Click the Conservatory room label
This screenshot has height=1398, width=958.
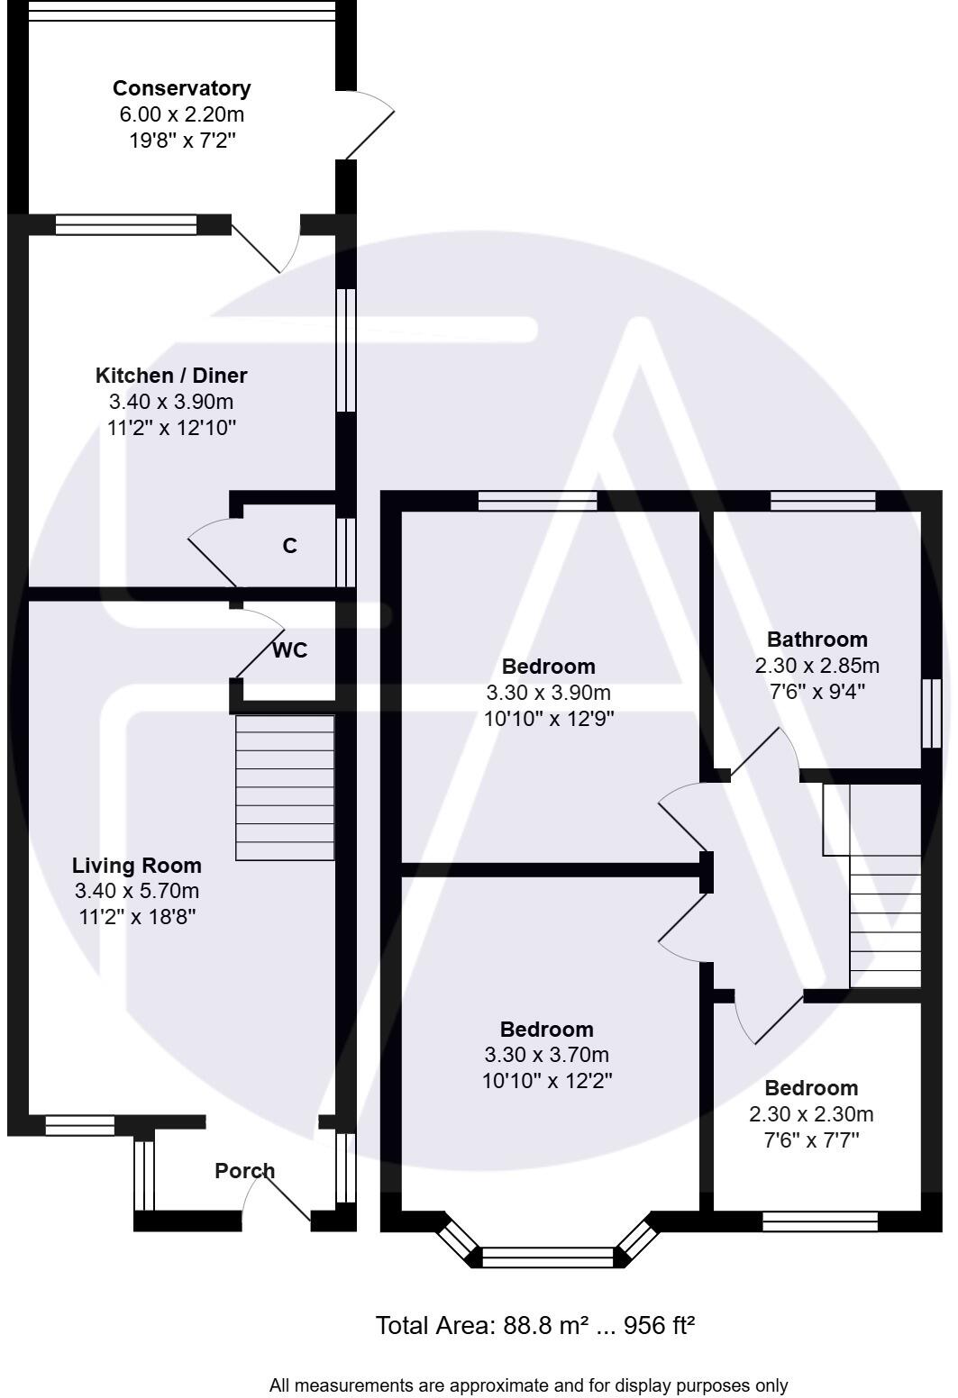tap(181, 88)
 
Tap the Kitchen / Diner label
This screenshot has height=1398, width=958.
tap(171, 376)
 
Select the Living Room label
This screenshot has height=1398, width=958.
tap(137, 866)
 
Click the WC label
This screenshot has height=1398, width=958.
tap(289, 650)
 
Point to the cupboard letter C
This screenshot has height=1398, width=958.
tap(289, 546)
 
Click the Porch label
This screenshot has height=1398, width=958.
tap(244, 1171)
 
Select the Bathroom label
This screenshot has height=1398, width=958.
tap(817, 640)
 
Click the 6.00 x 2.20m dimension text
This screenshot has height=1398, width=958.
tap(182, 114)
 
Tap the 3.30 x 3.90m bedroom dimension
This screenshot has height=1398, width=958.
tap(548, 693)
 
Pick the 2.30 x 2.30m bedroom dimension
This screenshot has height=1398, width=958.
tap(811, 1114)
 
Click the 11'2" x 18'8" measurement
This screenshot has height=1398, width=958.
tap(137, 917)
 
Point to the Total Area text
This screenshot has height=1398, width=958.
tap(534, 1326)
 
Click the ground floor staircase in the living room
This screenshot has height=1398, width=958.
tap(285, 787)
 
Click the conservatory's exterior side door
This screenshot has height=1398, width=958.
tap(368, 126)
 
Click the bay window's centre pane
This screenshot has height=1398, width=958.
tap(547, 1257)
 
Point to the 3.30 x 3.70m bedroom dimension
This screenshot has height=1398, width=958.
tap(547, 1055)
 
